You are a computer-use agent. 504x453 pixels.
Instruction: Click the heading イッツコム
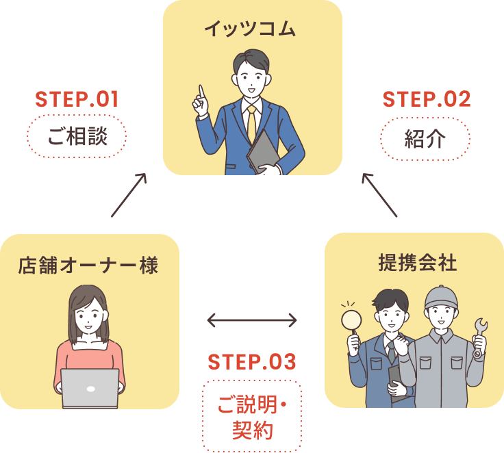pos(251,29)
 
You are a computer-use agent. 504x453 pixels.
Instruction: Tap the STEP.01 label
pos(77,100)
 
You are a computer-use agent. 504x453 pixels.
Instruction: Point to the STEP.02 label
pos(426,100)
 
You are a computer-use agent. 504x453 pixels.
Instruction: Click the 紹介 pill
pos(425,139)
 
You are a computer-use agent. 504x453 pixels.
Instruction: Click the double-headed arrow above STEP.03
pos(251,320)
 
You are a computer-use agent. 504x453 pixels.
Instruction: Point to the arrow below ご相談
pos(129,194)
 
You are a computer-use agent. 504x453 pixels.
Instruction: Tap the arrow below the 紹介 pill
pos(379,194)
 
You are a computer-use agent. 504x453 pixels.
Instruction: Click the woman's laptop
pos(90,387)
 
